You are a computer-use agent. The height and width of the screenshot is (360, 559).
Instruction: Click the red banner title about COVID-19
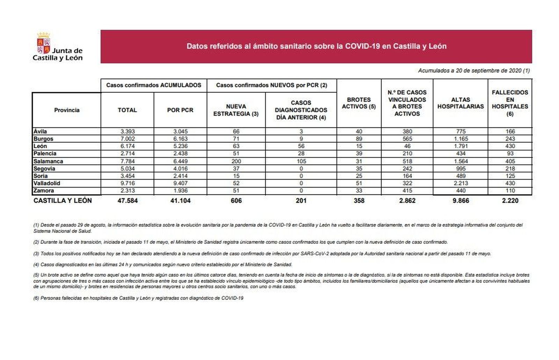pos(316,46)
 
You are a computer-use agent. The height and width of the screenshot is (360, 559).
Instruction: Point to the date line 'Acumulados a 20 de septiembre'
pos(473,71)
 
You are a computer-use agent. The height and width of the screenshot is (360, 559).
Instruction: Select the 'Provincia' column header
pos(67,110)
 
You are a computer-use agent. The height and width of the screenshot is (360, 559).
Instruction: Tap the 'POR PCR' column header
pos(180,110)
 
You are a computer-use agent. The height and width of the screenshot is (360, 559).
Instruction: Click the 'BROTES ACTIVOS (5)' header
pos(359,103)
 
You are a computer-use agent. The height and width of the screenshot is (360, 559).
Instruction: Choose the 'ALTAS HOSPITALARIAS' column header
pos(460,103)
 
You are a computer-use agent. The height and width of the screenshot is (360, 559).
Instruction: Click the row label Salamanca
pos(48,161)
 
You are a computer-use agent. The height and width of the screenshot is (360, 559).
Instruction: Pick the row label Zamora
pos(44,191)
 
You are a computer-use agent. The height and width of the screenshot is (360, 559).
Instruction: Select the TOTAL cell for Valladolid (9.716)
pos(127,183)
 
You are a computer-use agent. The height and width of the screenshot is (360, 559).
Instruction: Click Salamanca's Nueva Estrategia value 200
pos(236,161)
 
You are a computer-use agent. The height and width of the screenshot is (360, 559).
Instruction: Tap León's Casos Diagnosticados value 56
pos(301,146)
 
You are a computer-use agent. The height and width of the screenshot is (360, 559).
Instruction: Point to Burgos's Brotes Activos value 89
pos(359,139)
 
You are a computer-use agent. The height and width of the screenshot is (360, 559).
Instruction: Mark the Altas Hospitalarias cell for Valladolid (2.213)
pos(460,183)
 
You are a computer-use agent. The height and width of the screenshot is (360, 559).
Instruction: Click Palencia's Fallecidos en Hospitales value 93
pos(510,154)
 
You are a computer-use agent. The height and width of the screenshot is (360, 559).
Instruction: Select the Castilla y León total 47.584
pos(127,201)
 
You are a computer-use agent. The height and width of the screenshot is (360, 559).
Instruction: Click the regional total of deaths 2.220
pos(510,201)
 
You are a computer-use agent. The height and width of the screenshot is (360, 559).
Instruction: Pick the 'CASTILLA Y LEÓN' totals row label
pos(63,201)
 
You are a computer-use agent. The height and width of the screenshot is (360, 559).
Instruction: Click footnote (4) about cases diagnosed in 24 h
pos(163,265)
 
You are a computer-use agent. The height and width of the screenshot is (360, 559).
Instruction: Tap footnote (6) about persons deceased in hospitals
pos(138,298)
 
